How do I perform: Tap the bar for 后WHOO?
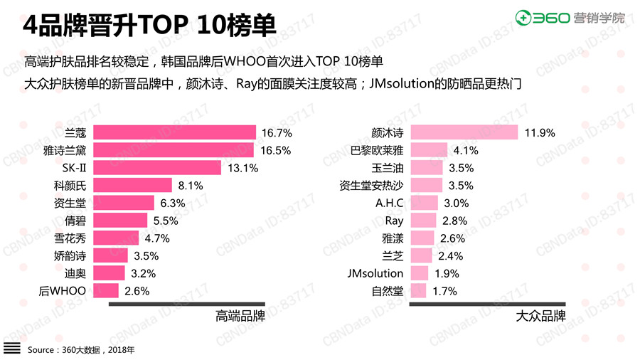tap(107, 290)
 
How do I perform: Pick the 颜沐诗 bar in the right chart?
tap(465, 132)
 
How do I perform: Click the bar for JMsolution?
tap(420, 273)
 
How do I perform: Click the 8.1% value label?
tap(191, 186)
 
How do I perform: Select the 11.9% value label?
tap(540, 132)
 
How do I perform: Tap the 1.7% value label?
tap(444, 291)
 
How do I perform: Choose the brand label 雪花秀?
tap(70, 238)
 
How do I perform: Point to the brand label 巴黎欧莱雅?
tap(377, 150)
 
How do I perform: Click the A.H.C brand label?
tap(390, 203)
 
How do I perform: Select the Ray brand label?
tap(394, 221)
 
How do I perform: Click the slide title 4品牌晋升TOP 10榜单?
tap(149, 26)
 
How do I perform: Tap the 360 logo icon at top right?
tap(526, 17)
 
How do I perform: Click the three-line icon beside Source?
tap(12, 349)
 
